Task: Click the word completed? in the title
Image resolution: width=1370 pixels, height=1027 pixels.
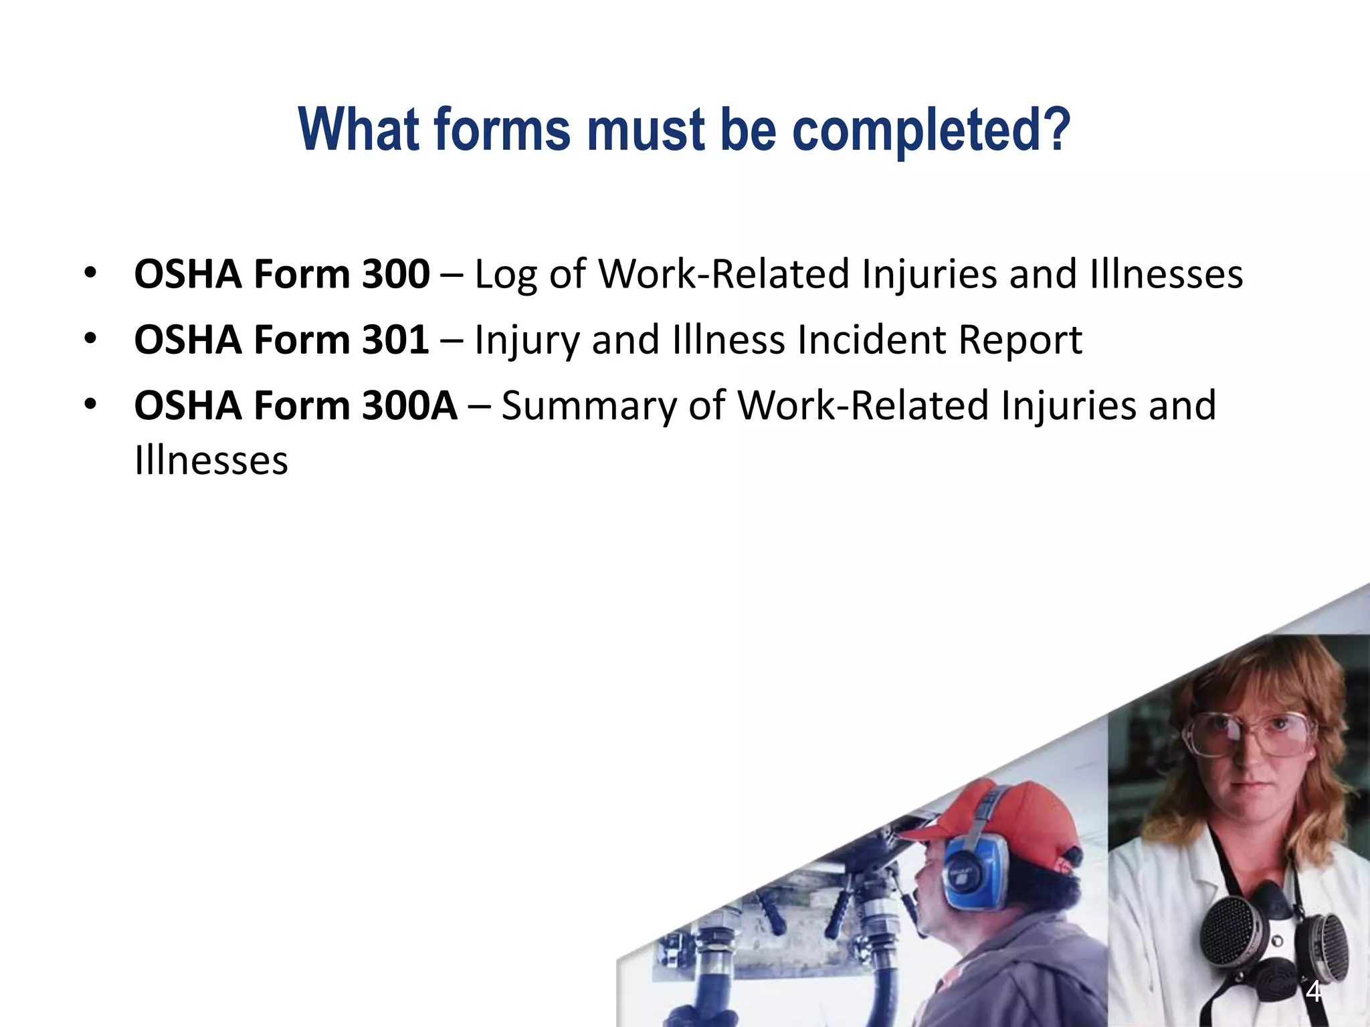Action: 931,130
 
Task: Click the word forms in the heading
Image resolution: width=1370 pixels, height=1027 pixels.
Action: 502,130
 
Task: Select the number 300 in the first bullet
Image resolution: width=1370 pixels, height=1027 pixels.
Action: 395,274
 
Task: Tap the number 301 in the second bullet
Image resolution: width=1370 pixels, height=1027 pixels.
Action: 395,340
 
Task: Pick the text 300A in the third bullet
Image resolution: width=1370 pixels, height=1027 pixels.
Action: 409,406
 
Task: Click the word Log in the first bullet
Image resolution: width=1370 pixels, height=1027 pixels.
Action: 505,275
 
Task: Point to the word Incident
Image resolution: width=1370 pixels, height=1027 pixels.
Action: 871,340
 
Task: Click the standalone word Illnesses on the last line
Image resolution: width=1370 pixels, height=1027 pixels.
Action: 211,461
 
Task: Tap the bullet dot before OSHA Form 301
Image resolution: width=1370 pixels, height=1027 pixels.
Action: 91,338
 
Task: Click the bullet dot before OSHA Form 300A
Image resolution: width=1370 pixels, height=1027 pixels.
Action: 91,405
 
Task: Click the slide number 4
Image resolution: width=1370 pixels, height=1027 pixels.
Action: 1313,991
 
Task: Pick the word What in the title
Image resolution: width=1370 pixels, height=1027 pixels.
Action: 360,130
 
